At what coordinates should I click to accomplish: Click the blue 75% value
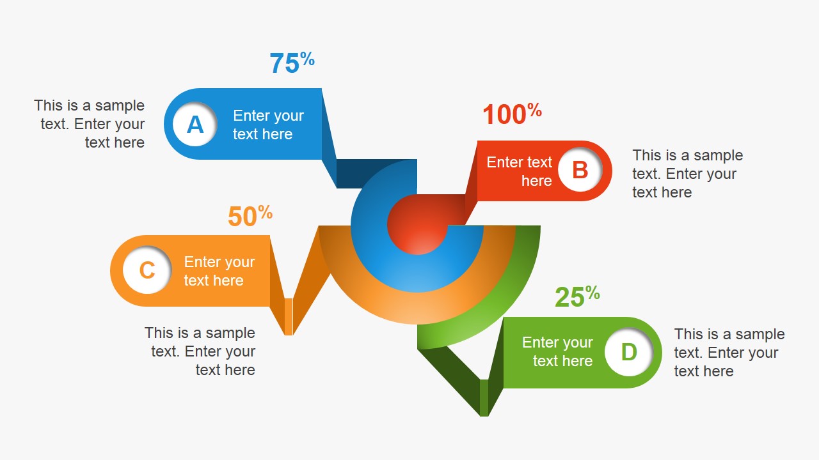coord(292,63)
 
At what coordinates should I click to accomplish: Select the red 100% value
coord(511,114)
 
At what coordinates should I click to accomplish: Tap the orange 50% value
coord(250,217)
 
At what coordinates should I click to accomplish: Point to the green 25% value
coord(576,296)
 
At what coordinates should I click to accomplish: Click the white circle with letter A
coord(195,124)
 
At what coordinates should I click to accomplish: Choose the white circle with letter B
coord(580,171)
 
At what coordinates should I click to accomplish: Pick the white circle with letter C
coord(147,270)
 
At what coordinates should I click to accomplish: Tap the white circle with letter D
coord(629,352)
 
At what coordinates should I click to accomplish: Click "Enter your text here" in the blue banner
coord(268,125)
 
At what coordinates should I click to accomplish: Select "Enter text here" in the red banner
coord(519,171)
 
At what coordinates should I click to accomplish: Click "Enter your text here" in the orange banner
coord(219,271)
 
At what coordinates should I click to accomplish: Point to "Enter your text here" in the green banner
coord(557,351)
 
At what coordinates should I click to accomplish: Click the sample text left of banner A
coord(90,124)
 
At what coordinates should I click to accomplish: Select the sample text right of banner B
coord(687,174)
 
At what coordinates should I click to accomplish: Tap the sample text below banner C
coord(200,351)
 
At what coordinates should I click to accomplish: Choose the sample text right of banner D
coord(729,353)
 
